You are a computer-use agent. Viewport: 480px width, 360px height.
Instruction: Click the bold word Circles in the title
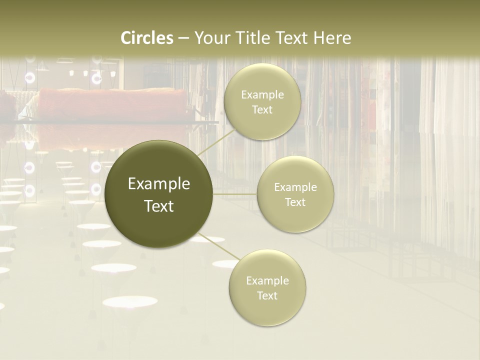(147, 38)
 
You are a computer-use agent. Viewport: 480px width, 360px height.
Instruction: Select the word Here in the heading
(332, 38)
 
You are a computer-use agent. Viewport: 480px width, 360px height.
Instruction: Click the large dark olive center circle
(159, 194)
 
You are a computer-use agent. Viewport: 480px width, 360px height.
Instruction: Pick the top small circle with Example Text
(262, 102)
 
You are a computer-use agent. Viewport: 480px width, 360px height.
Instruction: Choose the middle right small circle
(295, 194)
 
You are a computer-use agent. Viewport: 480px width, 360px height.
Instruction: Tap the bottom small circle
(267, 288)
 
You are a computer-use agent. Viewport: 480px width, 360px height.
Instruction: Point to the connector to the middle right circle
(235, 194)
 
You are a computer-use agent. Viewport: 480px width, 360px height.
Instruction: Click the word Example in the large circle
(159, 184)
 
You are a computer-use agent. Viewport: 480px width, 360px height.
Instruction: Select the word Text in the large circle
(159, 206)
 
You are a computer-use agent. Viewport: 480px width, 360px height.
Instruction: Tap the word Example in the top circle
(262, 95)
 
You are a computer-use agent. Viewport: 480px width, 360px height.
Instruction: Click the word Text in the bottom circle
(267, 295)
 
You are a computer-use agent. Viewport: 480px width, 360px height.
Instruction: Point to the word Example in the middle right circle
(295, 187)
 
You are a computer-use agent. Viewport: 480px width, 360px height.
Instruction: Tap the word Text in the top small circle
(262, 109)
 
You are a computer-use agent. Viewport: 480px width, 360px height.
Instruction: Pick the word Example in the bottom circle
(267, 280)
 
